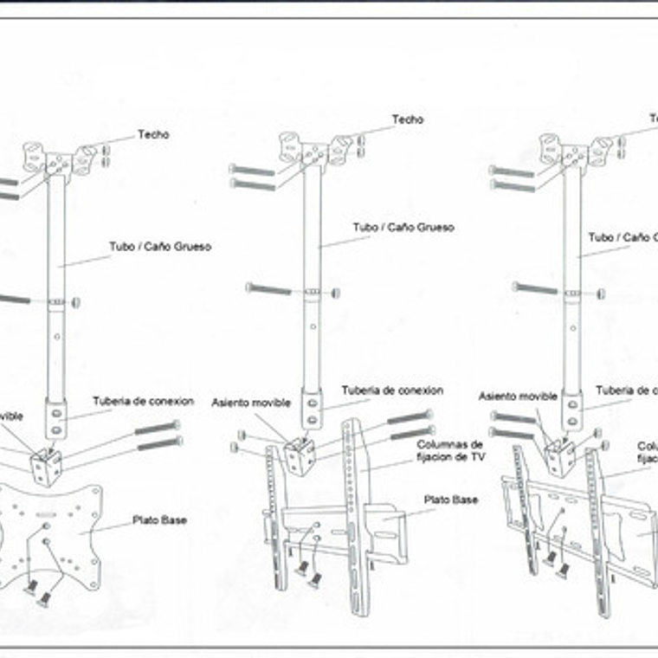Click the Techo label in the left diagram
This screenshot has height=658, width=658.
coord(153,135)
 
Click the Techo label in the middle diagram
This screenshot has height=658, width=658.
coord(407,119)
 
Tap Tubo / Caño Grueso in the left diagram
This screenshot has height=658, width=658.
coord(160,247)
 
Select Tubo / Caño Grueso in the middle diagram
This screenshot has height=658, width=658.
coord(403,228)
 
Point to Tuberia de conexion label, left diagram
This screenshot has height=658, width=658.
coord(140,401)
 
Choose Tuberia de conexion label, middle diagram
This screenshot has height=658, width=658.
coord(392,390)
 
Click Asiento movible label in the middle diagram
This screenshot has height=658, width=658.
coord(251,403)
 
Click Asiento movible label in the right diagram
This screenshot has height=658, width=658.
coord(518,397)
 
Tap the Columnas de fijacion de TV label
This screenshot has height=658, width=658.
coord(449,450)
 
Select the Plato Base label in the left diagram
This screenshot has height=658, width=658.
coord(159,520)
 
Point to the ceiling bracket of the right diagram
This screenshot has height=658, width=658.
coord(574,149)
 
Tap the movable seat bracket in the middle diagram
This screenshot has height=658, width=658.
coord(300,454)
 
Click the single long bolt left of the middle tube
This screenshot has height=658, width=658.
coord(268,288)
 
